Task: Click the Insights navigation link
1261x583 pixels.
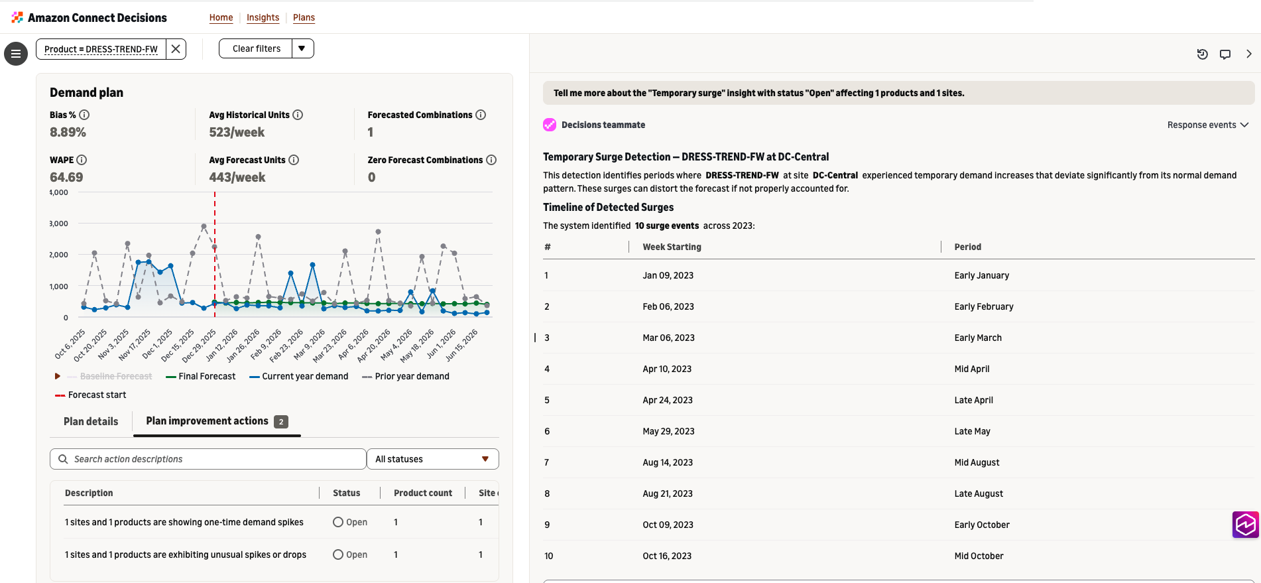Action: click(x=263, y=17)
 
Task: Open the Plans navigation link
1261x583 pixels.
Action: click(x=304, y=17)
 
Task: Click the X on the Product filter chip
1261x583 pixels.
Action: click(x=176, y=48)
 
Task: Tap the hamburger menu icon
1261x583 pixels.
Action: click(x=16, y=54)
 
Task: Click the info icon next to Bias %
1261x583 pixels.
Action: click(x=84, y=115)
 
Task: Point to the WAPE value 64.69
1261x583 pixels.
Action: click(x=66, y=177)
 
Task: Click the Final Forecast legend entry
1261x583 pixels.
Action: click(x=200, y=376)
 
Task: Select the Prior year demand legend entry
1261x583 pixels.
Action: click(x=406, y=376)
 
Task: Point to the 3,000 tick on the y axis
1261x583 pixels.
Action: click(x=59, y=224)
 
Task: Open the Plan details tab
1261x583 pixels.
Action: click(x=91, y=421)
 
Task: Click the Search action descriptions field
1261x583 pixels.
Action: click(x=208, y=459)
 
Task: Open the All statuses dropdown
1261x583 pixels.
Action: click(x=433, y=459)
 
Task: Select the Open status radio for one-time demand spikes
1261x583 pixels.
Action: click(x=338, y=522)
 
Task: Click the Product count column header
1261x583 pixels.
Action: click(x=423, y=493)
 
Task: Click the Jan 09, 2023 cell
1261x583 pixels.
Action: click(x=668, y=275)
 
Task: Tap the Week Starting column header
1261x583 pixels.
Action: click(x=672, y=247)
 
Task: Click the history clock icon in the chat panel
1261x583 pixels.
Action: click(x=1202, y=54)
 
